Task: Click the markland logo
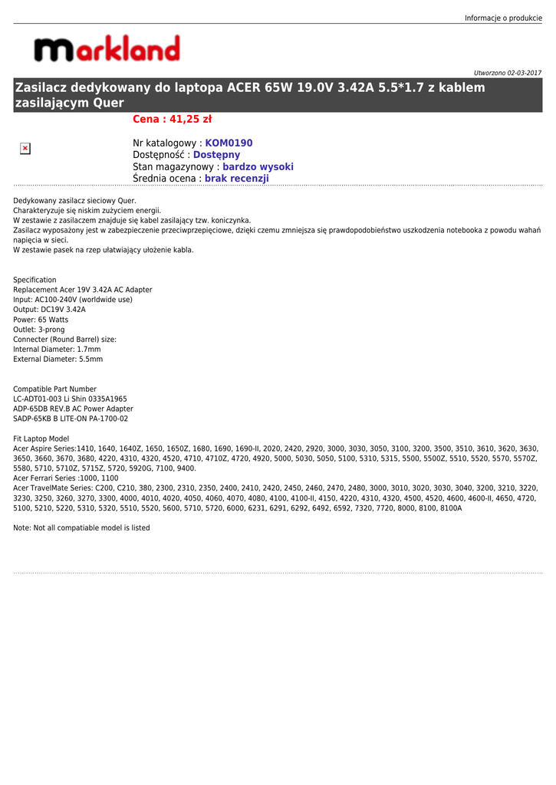[107, 49]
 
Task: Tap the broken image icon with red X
[25, 148]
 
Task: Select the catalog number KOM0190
[229, 143]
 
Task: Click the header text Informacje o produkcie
[503, 18]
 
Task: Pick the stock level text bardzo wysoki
[258, 167]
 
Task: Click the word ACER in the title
[245, 87]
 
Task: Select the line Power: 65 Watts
[41, 320]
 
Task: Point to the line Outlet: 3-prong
[39, 330]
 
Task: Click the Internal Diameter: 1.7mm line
[57, 350]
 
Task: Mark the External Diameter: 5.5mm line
[58, 360]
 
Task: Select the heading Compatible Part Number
[54, 389]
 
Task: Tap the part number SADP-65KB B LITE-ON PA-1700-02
[71, 419]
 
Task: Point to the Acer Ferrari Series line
[66, 478]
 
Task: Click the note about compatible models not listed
[81, 528]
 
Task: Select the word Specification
[35, 280]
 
